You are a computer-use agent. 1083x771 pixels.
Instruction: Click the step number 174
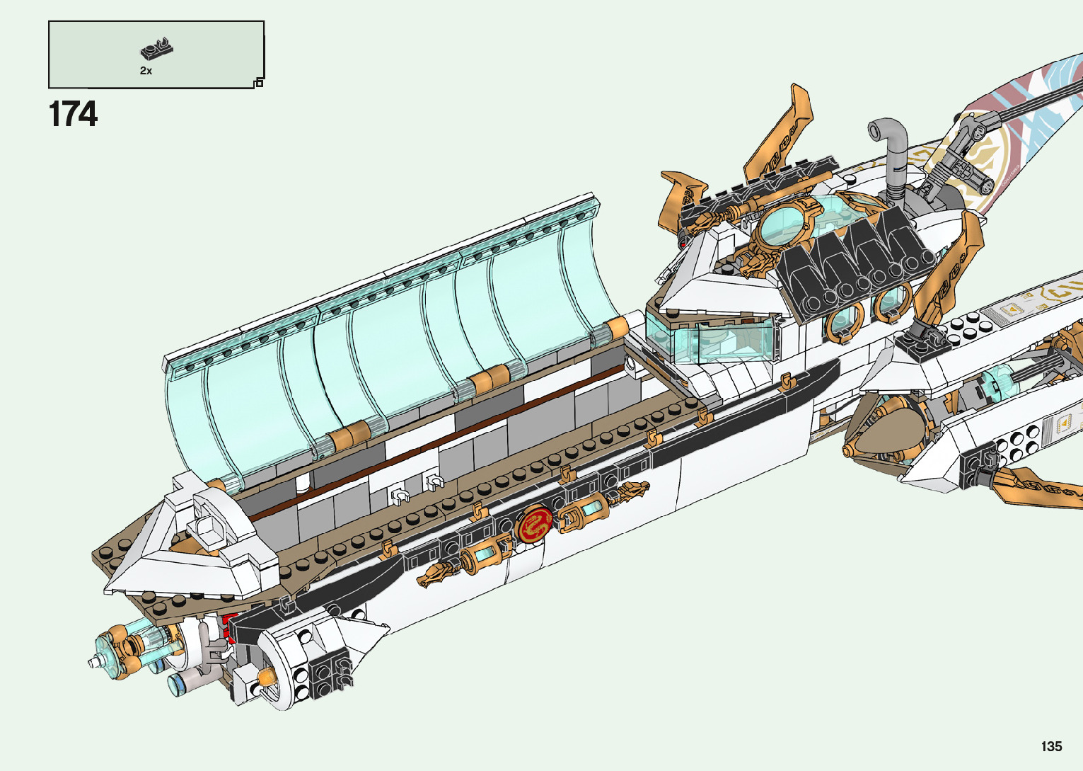pyautogui.click(x=73, y=114)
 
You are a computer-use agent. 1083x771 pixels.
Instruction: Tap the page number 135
pyautogui.click(x=1052, y=746)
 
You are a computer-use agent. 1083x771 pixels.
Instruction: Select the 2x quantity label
pyautogui.click(x=146, y=71)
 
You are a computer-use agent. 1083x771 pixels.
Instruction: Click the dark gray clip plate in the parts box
pyautogui.click(x=156, y=49)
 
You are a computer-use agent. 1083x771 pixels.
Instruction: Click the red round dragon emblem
pyautogui.click(x=535, y=524)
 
